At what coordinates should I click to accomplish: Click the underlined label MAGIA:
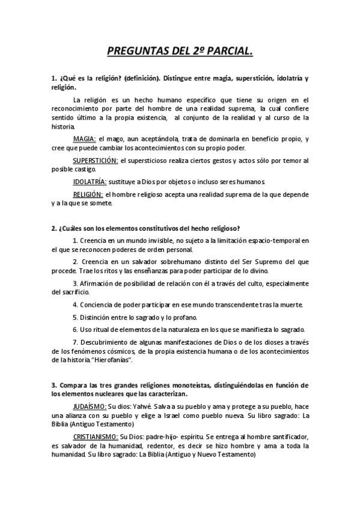tap(85, 139)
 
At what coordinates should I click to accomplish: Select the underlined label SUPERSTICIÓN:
tap(96, 161)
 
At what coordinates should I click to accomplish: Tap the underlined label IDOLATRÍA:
tap(90, 181)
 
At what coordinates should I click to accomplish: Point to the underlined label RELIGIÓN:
tap(88, 194)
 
